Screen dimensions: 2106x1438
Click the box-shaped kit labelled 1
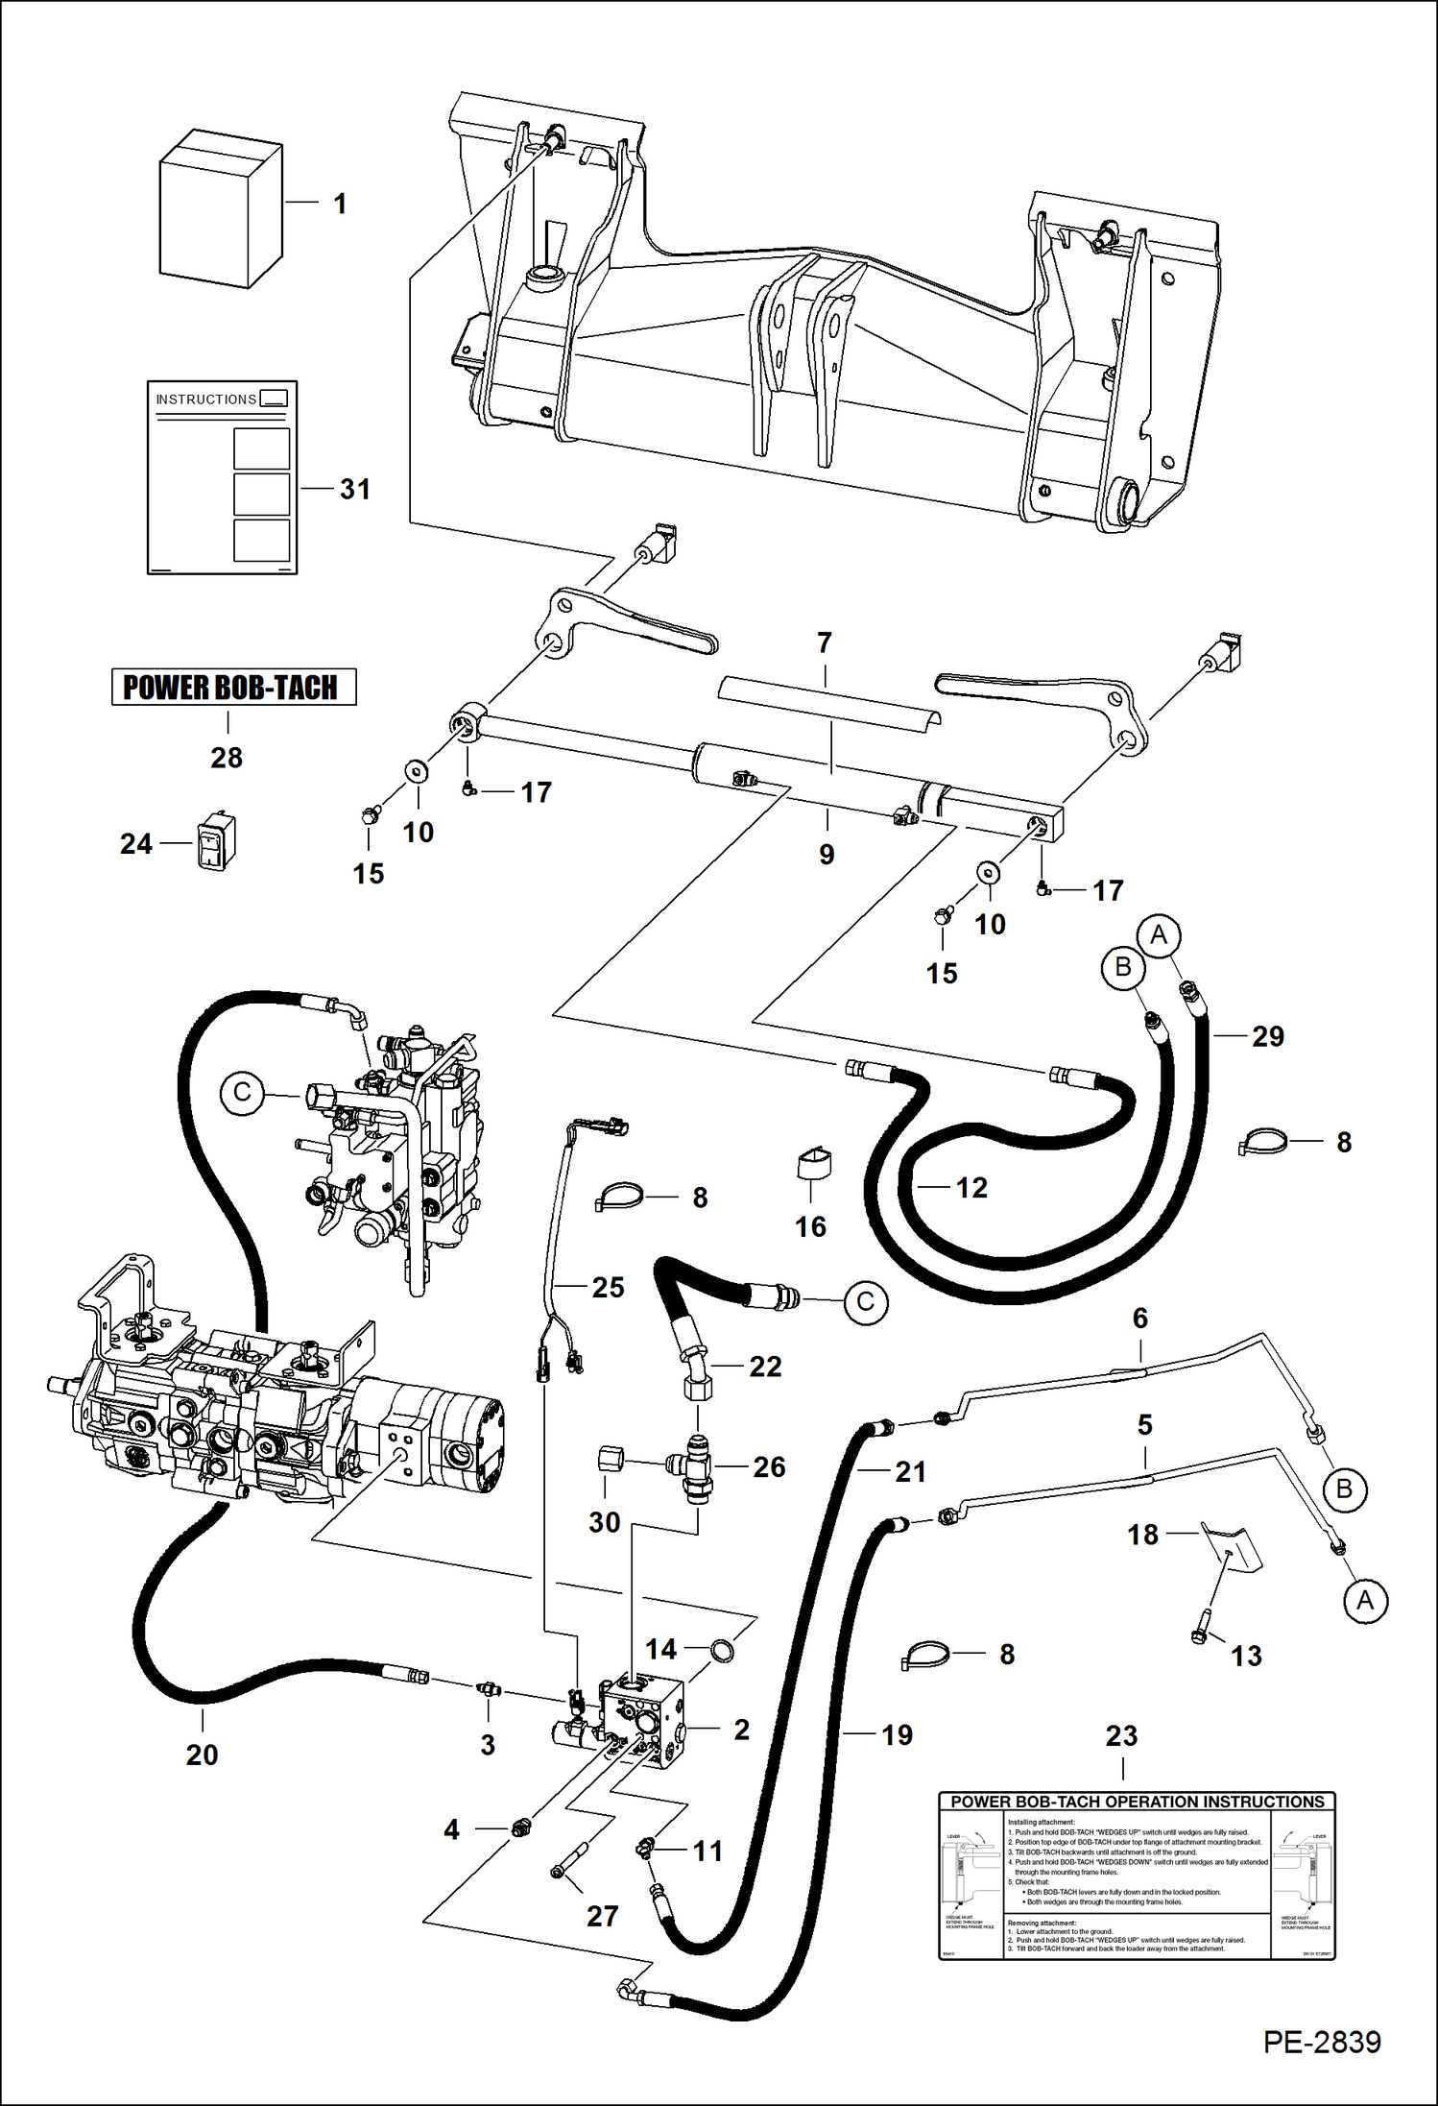click(x=220, y=209)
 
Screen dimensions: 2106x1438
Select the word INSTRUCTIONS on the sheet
click(x=205, y=399)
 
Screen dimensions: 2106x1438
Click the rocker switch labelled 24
click(x=216, y=842)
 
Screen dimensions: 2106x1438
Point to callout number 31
click(x=354, y=489)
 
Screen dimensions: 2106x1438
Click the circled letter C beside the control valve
click(x=242, y=1094)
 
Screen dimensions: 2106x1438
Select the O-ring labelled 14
click(x=722, y=1650)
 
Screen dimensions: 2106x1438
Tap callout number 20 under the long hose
click(x=202, y=1755)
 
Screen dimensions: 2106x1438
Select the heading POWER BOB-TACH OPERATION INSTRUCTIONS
click(x=1137, y=1803)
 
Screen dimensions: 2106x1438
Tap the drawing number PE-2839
click(x=1321, y=2042)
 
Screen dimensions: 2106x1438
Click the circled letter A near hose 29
click(x=1158, y=934)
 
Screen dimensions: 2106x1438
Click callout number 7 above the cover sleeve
click(x=824, y=642)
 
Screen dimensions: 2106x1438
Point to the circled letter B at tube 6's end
click(x=1343, y=1489)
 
